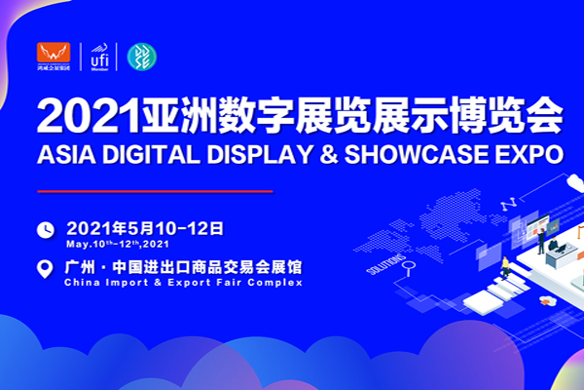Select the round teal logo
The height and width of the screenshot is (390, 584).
(x=142, y=57)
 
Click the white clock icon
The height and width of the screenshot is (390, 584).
(x=45, y=230)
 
